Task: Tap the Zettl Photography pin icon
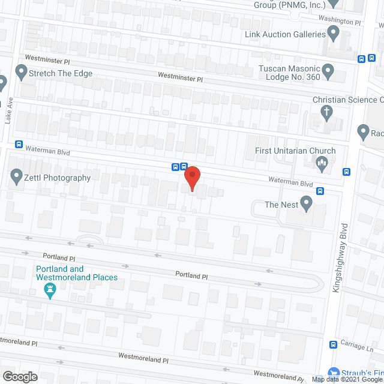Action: [x=16, y=176]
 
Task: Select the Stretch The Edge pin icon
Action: [x=21, y=74]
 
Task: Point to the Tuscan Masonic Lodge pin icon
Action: [x=328, y=72]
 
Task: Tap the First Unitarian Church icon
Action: [x=322, y=162]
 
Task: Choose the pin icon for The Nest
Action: [x=307, y=205]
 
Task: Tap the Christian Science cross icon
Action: [x=327, y=112]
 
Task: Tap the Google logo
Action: [x=19, y=376]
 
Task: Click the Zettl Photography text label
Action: [x=58, y=178]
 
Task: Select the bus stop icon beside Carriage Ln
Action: [x=334, y=344]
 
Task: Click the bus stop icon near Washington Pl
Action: [x=361, y=59]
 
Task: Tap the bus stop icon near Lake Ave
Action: [x=19, y=145]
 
